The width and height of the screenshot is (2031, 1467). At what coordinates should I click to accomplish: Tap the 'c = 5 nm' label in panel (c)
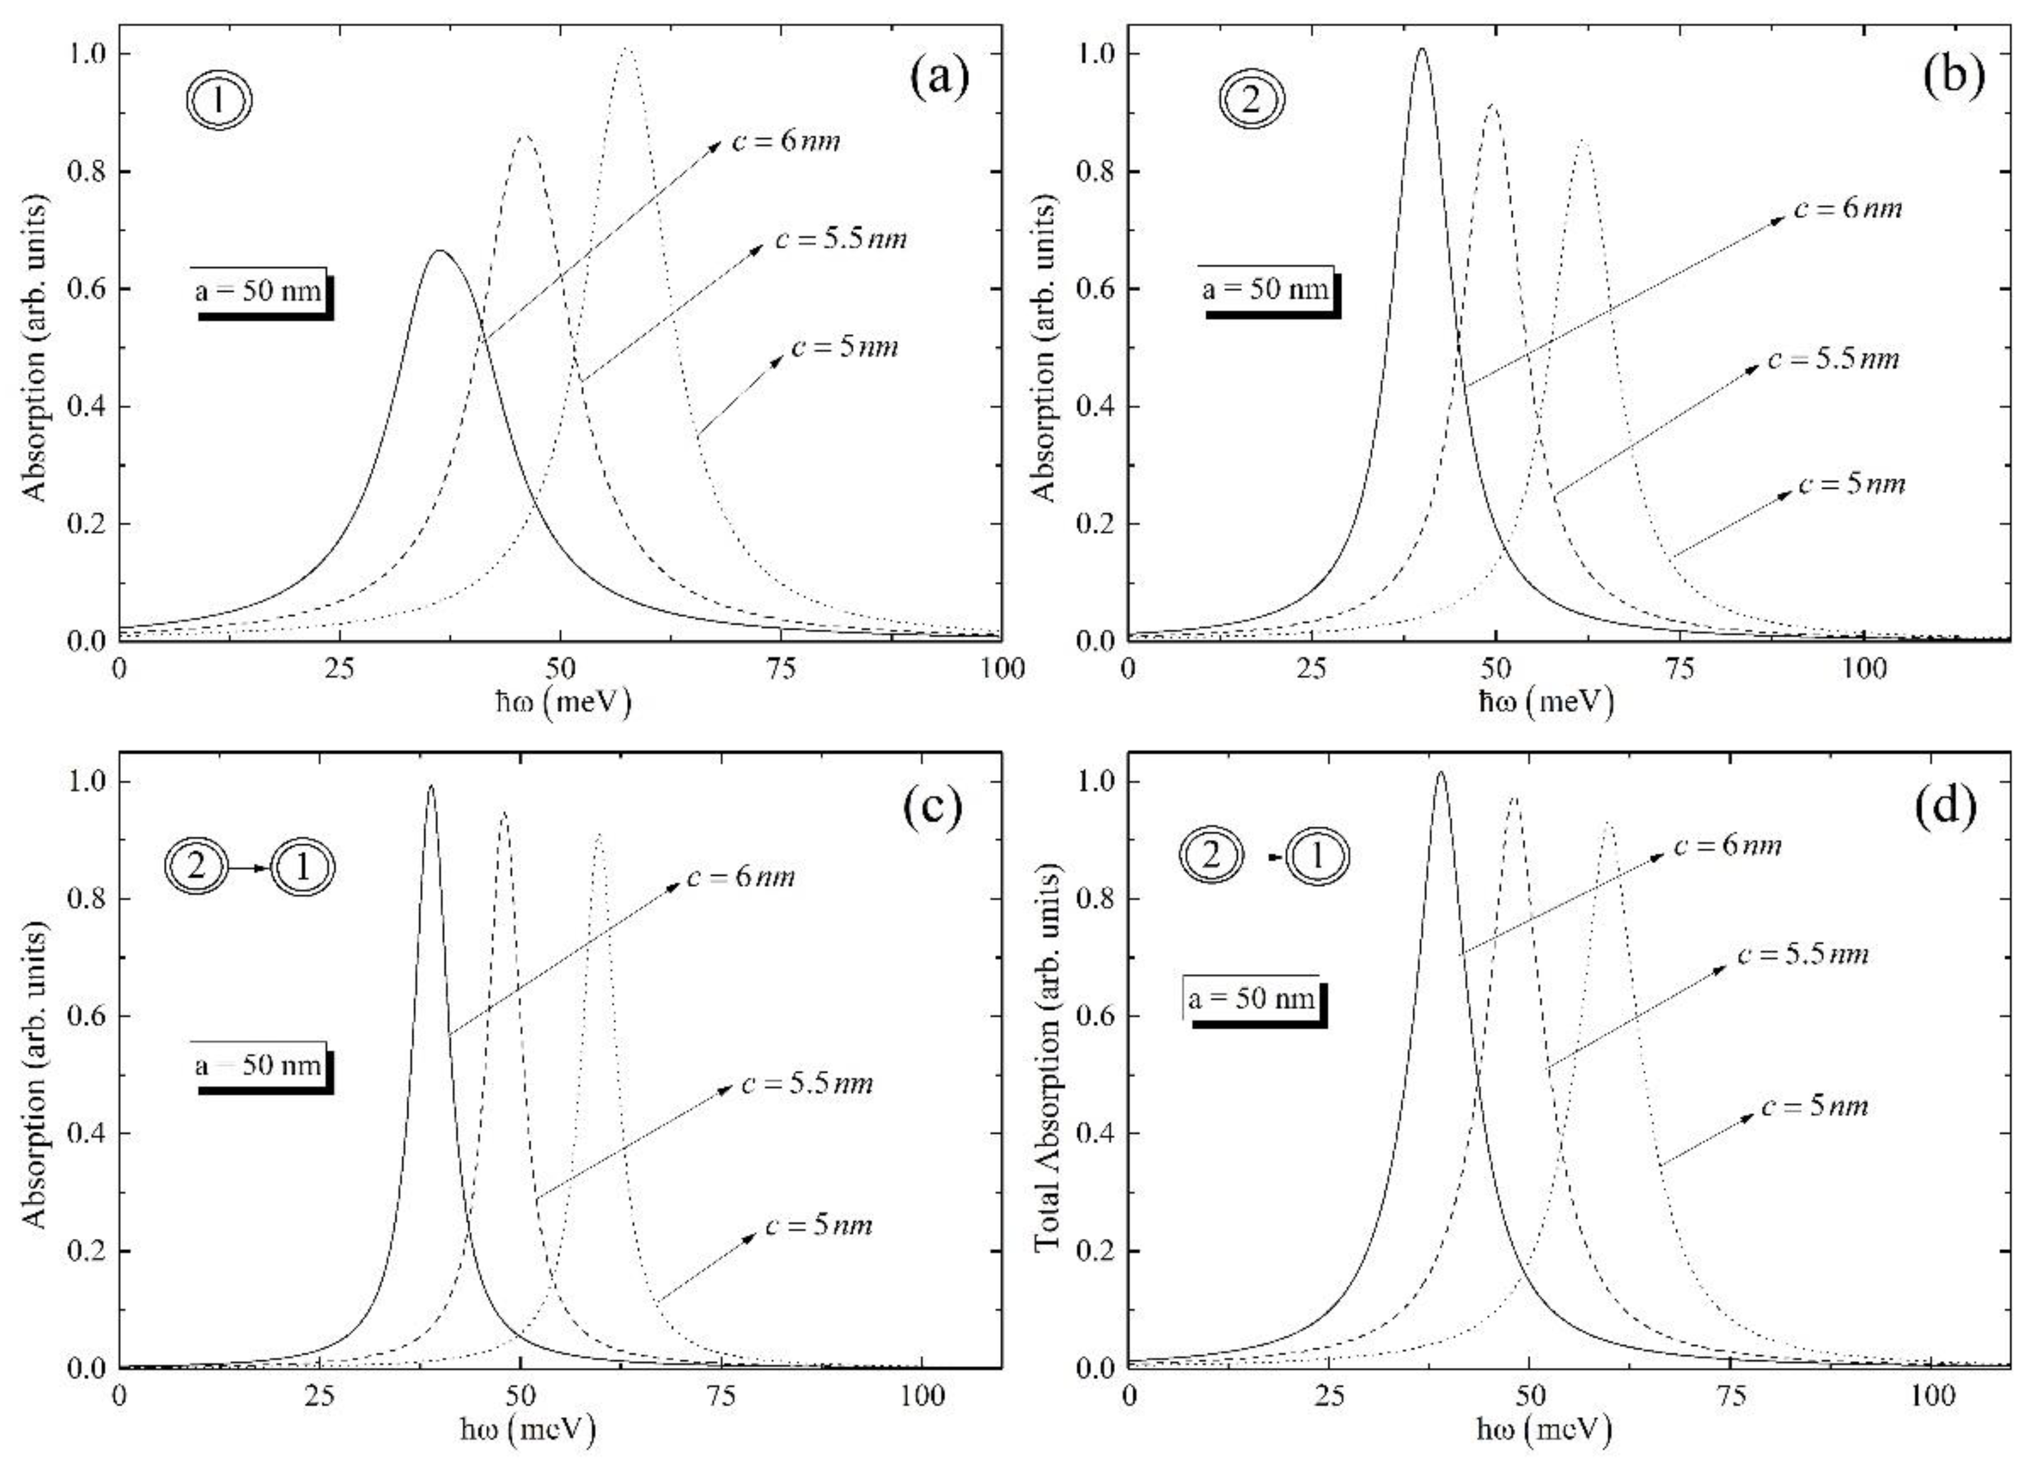(x=818, y=1225)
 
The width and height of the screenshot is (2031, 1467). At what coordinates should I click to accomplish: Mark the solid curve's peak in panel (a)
(x=439, y=252)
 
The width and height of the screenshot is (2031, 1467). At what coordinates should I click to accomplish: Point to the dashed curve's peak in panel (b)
(x=1491, y=106)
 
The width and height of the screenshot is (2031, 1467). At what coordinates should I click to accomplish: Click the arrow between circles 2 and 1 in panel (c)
(x=250, y=868)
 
